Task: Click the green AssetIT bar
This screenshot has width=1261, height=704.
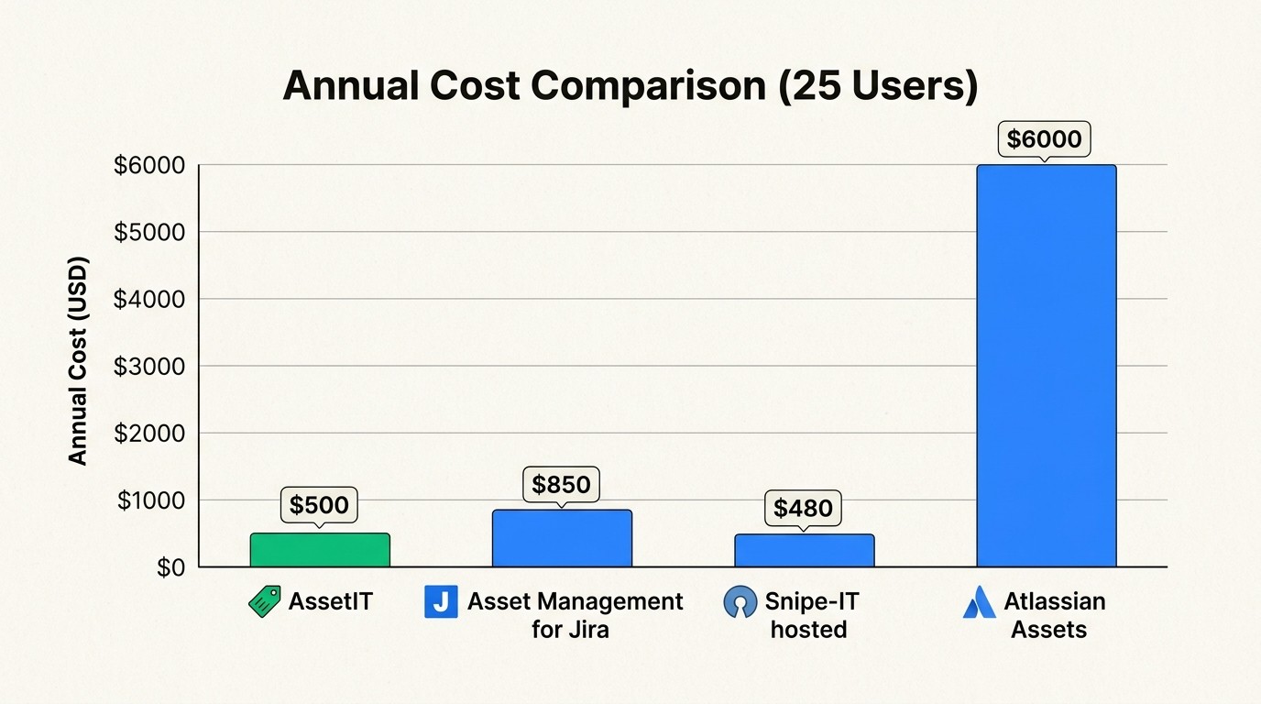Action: tap(320, 550)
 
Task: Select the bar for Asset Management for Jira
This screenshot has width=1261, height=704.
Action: tap(562, 538)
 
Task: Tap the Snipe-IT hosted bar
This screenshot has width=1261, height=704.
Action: tap(804, 550)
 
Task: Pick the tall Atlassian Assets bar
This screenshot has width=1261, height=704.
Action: tap(1046, 367)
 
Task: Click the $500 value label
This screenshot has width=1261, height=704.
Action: tap(319, 504)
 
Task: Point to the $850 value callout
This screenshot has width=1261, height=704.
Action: tap(561, 483)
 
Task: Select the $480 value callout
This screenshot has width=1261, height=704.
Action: tap(803, 508)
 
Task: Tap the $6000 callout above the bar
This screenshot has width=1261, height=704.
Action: tap(1044, 139)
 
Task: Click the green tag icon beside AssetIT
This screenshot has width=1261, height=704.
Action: tap(265, 602)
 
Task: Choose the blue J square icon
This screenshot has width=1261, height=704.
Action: tap(441, 602)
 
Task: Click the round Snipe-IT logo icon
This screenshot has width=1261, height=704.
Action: tap(740, 602)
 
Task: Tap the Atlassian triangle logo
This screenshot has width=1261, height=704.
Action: tap(979, 602)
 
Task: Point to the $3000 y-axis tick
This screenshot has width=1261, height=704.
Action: tap(148, 366)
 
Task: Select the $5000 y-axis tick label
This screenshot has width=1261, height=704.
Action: tap(148, 232)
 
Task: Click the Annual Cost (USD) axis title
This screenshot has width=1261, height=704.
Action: tap(79, 362)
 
